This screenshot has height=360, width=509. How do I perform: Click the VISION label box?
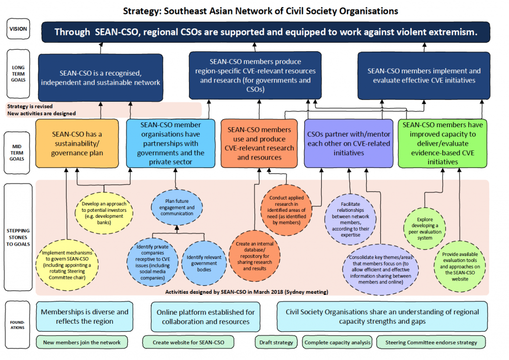pos(18,29)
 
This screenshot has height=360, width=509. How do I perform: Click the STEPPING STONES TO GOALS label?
pos(18,237)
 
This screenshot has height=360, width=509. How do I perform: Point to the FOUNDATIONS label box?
pos(18,324)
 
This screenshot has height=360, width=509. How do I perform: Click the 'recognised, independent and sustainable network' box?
pos(101,77)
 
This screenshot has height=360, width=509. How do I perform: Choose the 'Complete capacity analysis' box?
pos(338,342)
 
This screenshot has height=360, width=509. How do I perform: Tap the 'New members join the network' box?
pos(82,342)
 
